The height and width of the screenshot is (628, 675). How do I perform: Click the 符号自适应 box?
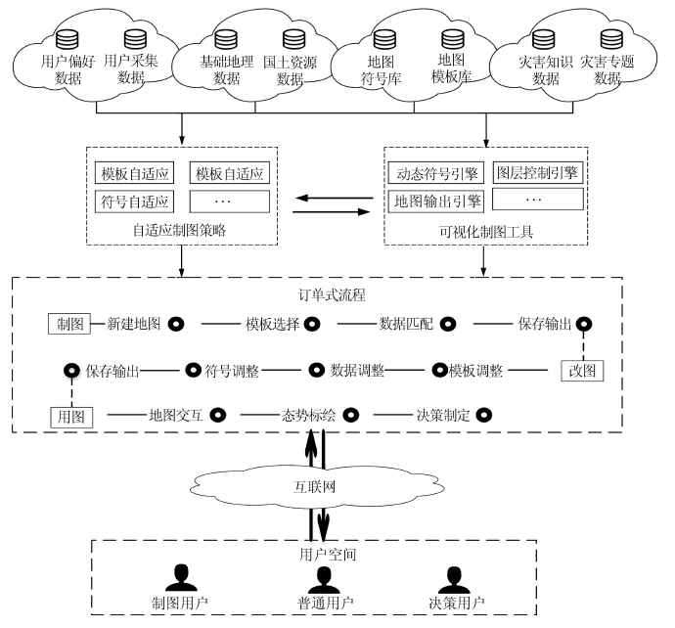click(135, 202)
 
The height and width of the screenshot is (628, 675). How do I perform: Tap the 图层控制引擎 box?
click(536, 173)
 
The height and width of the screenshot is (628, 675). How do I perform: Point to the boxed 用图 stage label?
click(70, 416)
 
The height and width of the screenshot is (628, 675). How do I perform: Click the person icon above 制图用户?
click(180, 576)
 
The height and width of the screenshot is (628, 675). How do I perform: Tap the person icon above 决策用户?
click(451, 576)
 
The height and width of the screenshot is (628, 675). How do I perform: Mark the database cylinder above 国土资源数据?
click(291, 39)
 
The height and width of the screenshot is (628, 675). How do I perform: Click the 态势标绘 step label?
click(308, 415)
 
